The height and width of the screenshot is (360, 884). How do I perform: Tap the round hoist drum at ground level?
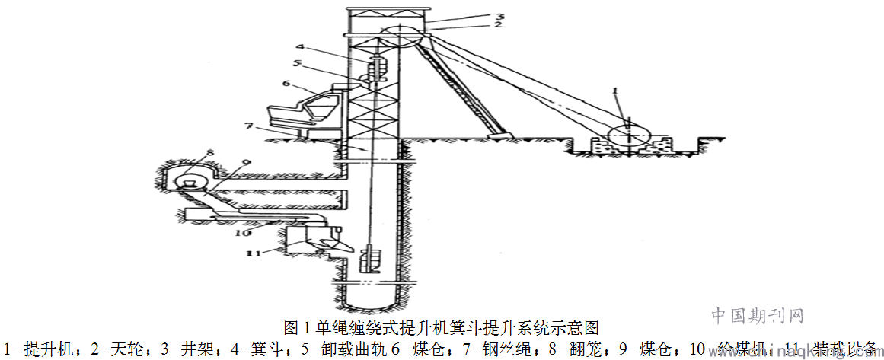click(x=629, y=137)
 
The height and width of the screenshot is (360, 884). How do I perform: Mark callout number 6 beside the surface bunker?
click(x=286, y=84)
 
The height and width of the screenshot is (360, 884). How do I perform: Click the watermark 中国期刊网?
click(x=758, y=315)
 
